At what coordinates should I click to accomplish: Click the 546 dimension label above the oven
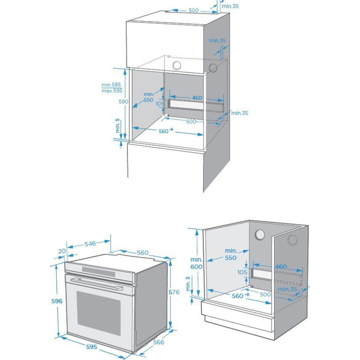[90, 243]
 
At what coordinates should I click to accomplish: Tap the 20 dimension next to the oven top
[62, 251]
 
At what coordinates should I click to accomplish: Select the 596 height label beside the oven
[57, 301]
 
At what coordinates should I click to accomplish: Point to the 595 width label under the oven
[91, 347]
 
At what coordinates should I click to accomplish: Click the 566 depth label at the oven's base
[158, 342]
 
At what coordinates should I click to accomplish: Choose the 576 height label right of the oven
[174, 292]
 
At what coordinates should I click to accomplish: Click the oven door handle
[97, 283]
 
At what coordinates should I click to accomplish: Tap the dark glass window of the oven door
[99, 313]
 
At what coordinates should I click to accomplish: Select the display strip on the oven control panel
[99, 271]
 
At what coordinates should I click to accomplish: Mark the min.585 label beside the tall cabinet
[111, 85]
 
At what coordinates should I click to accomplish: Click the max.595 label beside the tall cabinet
[112, 91]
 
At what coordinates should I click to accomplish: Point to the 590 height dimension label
[123, 102]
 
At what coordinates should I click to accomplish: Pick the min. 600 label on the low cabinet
[196, 263]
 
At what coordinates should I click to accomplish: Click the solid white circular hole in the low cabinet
[260, 235]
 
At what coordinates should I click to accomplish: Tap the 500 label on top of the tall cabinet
[193, 10]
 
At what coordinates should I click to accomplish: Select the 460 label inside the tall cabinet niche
[197, 98]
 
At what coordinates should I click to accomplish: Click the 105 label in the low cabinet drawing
[242, 272]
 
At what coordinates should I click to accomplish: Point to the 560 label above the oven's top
[143, 253]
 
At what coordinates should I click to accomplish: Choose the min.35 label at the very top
[230, 6]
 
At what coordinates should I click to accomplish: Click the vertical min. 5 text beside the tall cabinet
[118, 126]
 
